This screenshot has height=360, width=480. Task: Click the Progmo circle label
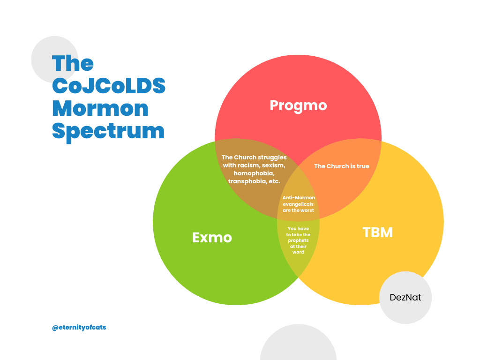pos(298,106)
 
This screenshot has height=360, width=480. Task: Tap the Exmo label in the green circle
pos(212,238)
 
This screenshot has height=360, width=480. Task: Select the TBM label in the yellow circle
pos(377,232)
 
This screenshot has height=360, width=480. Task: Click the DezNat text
pos(405,297)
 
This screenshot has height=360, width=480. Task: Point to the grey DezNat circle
pos(405,298)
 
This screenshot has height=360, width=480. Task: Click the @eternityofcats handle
pos(79,328)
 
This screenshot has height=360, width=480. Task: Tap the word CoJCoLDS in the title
pos(109,86)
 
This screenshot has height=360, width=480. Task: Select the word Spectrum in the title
pos(108,132)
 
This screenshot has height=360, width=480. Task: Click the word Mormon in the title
pos(100,109)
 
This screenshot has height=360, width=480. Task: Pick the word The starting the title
pos(73,63)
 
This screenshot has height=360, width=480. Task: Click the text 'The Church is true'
pos(342,166)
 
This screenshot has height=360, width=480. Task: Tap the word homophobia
pos(254,173)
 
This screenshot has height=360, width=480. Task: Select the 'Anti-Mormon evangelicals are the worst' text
pos(299,204)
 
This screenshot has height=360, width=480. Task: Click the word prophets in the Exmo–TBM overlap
pos(298,240)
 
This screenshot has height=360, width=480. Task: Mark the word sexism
pos(273,165)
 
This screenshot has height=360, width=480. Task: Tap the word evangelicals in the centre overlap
pos(298,204)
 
